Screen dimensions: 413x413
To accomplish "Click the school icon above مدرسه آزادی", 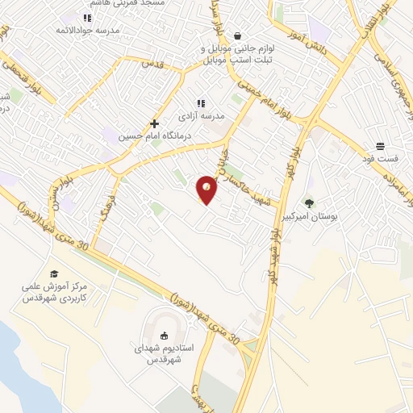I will (x=201, y=104).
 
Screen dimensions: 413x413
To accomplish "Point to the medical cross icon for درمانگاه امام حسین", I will (x=154, y=124).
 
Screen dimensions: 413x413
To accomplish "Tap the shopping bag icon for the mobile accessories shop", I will (x=238, y=35).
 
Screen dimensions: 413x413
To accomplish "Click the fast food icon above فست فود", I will (x=380, y=147).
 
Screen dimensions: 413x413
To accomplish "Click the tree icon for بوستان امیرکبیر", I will (x=309, y=203).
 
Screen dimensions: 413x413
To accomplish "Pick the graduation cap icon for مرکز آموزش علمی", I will (x=54, y=274).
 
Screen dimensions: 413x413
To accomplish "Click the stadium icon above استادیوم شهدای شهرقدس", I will (x=165, y=336).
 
